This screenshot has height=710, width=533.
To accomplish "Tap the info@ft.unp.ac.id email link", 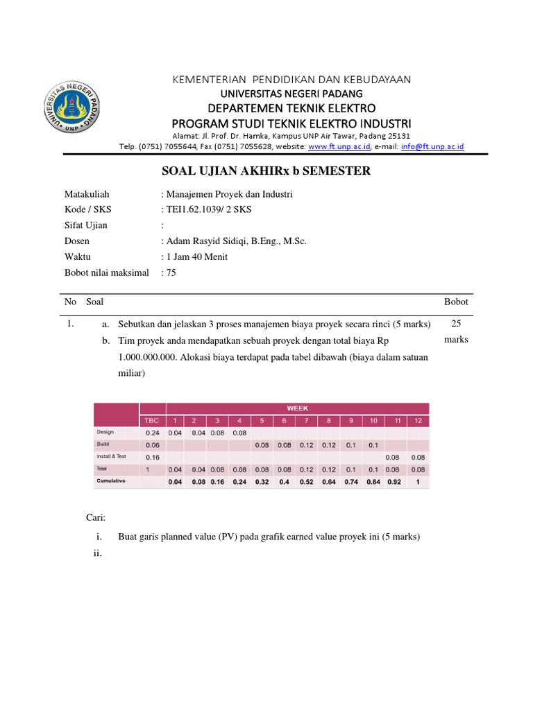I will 432,147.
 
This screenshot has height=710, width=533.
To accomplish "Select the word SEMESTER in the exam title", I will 330,171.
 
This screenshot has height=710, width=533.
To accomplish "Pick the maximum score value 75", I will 170,272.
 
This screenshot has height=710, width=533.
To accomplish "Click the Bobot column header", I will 455,302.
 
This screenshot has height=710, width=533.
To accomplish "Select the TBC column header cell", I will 151,421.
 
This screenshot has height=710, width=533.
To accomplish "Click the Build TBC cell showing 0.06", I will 151,445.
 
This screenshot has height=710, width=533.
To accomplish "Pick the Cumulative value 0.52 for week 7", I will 306,482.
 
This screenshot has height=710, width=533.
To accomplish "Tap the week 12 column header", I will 417,421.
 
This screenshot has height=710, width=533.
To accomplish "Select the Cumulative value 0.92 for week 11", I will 395,482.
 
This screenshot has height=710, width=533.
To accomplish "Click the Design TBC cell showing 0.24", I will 151,433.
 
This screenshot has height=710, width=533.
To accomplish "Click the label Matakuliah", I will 87,195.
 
